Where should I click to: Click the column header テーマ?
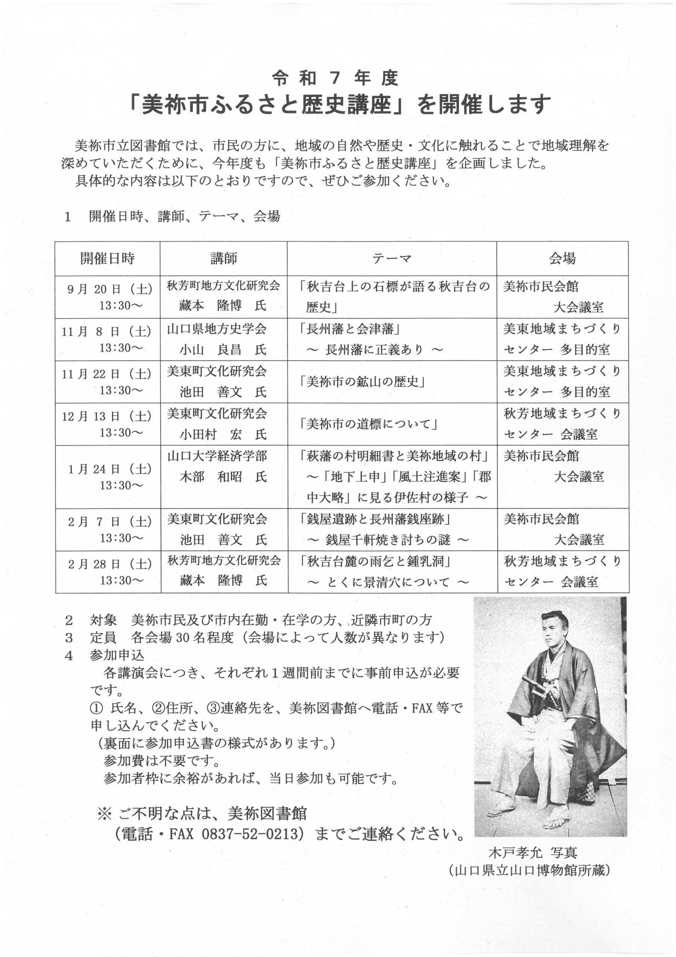coord(391,259)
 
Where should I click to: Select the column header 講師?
coord(224,259)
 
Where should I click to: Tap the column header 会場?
coord(562,259)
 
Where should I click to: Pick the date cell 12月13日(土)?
coord(107,416)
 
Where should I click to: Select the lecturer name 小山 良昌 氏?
coord(223,349)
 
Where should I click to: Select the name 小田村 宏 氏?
coord(223,435)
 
